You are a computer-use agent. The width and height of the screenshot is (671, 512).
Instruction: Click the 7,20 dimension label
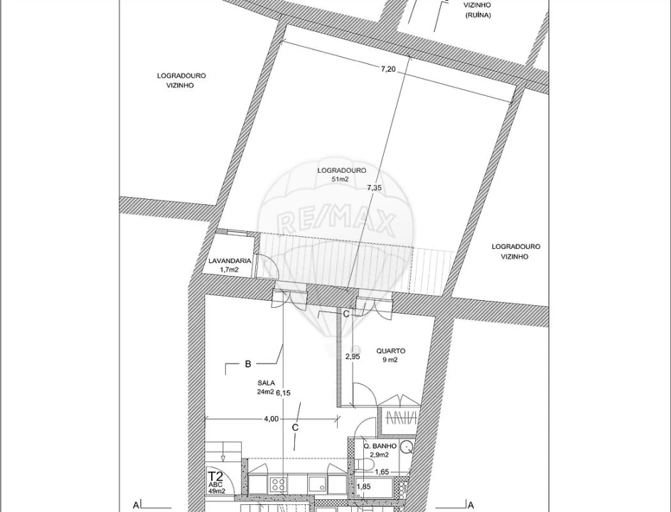coord(388,69)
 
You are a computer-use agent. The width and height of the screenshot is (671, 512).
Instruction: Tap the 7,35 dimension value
coord(375,188)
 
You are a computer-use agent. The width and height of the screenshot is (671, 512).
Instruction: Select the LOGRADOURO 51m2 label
coord(342,175)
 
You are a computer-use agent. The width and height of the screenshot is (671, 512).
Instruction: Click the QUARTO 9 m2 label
coord(390,355)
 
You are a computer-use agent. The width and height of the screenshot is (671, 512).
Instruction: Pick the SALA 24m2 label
coord(267,388)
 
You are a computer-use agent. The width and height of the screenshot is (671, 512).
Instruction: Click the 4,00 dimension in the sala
coord(271,419)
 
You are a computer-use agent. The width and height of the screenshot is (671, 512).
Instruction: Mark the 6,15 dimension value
coord(284,393)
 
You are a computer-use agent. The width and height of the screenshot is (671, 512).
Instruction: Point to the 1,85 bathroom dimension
coord(363,486)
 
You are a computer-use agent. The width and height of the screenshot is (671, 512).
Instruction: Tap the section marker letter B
coord(248,364)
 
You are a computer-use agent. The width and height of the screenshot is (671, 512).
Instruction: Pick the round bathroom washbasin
coord(406,448)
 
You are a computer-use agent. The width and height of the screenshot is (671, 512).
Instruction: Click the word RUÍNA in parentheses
coord(478,14)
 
